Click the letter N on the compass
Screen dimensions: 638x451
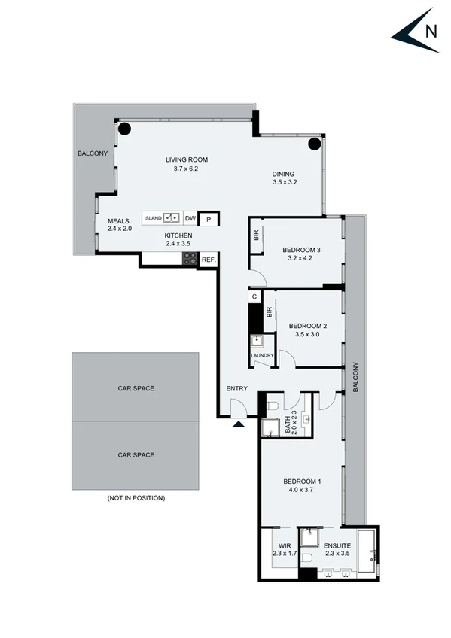[431, 32]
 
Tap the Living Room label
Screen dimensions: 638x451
[186, 159]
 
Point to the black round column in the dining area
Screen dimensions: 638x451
[315, 144]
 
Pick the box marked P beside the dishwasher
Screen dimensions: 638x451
[209, 219]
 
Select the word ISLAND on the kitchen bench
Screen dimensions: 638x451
[153, 218]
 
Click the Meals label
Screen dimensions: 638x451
[118, 220]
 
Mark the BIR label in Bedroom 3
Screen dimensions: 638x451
[257, 236]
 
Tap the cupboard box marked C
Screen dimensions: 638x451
[254, 296]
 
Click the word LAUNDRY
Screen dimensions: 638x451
[262, 356]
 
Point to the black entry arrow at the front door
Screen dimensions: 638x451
[239, 424]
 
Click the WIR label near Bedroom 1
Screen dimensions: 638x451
[284, 546]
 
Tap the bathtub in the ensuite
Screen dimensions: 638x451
[367, 554]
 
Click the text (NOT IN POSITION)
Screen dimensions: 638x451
[136, 498]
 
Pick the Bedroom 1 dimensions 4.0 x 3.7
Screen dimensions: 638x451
[302, 490]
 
